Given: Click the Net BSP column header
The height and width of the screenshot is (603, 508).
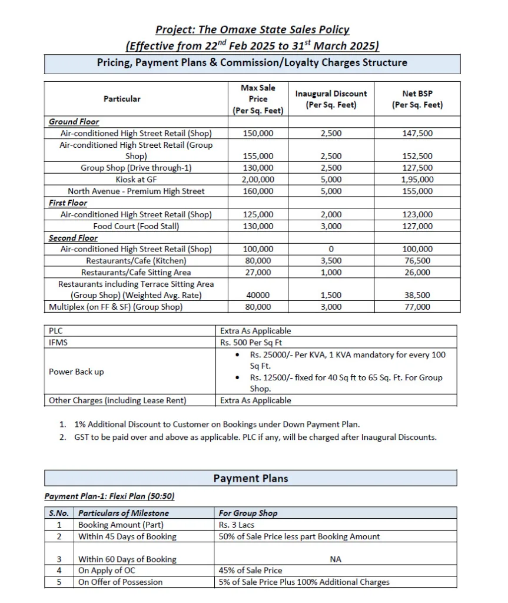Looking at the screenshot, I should point(417,99).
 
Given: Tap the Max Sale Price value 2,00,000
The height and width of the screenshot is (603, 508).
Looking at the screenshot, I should point(258,180).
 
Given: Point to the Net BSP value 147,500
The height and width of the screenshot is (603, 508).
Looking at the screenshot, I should point(417,133).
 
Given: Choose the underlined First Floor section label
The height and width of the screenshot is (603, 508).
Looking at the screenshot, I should point(68,203).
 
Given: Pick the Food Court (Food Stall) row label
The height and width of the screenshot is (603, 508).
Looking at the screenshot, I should point(136,226).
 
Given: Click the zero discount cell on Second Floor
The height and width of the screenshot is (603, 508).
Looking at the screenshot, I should point(331,249).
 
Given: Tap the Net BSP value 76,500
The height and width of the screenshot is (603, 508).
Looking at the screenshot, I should point(417,261).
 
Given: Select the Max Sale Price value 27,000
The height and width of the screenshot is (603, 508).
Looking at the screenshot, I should point(258,273).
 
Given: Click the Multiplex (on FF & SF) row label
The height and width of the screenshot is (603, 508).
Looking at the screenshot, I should point(115,307).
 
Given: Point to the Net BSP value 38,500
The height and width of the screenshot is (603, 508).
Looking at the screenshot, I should point(417,296).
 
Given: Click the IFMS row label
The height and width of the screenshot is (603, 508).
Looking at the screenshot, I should point(57,342).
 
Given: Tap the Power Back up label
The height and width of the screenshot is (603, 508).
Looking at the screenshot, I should point(76,372).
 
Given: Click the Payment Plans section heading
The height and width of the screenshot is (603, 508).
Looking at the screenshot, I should point(251,478).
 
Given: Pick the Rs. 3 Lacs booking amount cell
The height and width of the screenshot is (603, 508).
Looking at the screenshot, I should point(237,525).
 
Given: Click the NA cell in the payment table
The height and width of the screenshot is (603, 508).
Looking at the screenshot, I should point(336,559).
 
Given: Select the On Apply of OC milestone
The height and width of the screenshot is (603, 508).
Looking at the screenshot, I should point(112,571).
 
